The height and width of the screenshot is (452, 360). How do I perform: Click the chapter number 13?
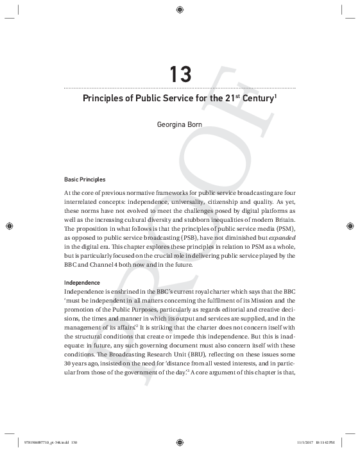[180, 74]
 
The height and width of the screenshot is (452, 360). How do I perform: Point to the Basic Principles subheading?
[85, 179]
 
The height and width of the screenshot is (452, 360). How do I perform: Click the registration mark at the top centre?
[180, 10]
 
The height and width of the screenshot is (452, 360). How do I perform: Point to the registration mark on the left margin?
[10, 226]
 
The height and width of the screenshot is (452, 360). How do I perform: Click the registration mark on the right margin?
[350, 226]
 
